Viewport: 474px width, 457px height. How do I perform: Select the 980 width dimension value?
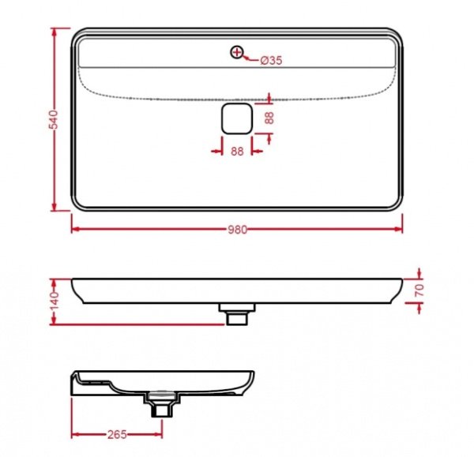click(237, 230)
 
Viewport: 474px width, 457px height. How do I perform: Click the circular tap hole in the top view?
click(236, 52)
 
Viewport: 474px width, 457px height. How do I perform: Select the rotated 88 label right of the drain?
click(269, 118)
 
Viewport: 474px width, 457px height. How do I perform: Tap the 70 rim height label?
click(419, 291)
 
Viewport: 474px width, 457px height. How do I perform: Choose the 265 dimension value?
click(117, 435)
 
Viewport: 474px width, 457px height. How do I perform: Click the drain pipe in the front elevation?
click(236, 316)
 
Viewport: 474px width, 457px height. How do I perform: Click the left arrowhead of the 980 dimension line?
click(76, 230)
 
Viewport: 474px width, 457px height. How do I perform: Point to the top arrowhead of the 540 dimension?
click(54, 32)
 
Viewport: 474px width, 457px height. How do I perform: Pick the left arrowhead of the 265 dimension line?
click(76, 435)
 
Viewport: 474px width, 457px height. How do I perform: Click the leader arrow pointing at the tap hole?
click(246, 57)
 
